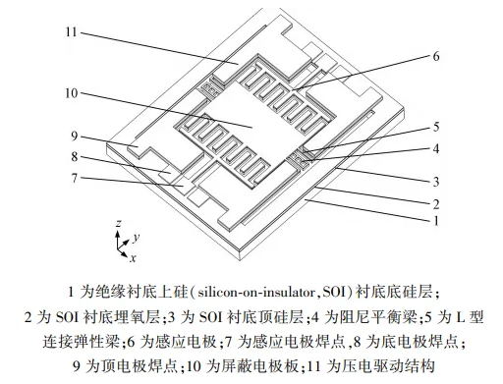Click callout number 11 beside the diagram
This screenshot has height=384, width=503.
tap(71, 32)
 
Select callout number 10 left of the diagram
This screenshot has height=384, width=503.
tap(71, 93)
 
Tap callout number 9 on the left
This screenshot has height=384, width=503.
tap(74, 136)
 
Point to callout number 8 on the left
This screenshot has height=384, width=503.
tap(74, 156)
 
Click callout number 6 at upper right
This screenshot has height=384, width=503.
tap(436, 56)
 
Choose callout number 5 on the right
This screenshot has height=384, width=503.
tap(436, 127)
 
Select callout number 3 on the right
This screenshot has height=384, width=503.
tap(436, 181)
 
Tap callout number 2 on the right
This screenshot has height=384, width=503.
tap(436, 204)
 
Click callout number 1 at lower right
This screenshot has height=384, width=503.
tap(436, 222)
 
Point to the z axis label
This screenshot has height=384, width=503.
tap(118, 223)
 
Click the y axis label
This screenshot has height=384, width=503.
tap(137, 237)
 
